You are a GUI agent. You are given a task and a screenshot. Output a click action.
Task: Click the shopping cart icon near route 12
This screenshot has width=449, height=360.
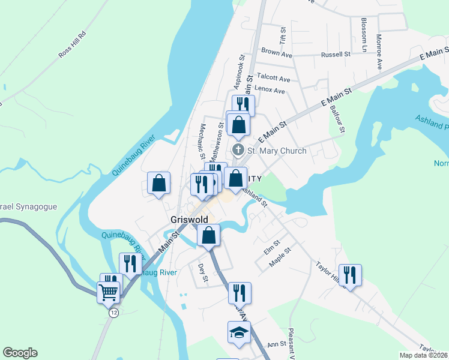(109, 293)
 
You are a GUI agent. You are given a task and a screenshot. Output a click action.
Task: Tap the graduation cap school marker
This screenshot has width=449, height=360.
(238, 332)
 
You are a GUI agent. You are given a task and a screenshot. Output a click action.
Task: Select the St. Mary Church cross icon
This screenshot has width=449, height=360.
(238, 150)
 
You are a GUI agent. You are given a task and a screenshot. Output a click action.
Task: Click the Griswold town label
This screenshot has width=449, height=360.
(188, 220)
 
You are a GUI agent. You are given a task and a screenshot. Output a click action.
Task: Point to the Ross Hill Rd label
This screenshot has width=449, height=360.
(73, 44)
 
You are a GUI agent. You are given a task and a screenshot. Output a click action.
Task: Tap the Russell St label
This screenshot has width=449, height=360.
(336, 54)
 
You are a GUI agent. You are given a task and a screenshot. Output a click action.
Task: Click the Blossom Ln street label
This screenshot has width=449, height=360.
(364, 34)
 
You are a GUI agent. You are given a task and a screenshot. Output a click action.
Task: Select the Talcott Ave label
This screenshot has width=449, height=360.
(273, 79)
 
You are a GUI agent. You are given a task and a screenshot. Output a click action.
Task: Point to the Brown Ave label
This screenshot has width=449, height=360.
(277, 53)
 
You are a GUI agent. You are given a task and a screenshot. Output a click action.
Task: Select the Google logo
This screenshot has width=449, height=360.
(20, 353)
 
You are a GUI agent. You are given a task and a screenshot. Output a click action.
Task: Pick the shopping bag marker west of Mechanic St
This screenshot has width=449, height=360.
(159, 184)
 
